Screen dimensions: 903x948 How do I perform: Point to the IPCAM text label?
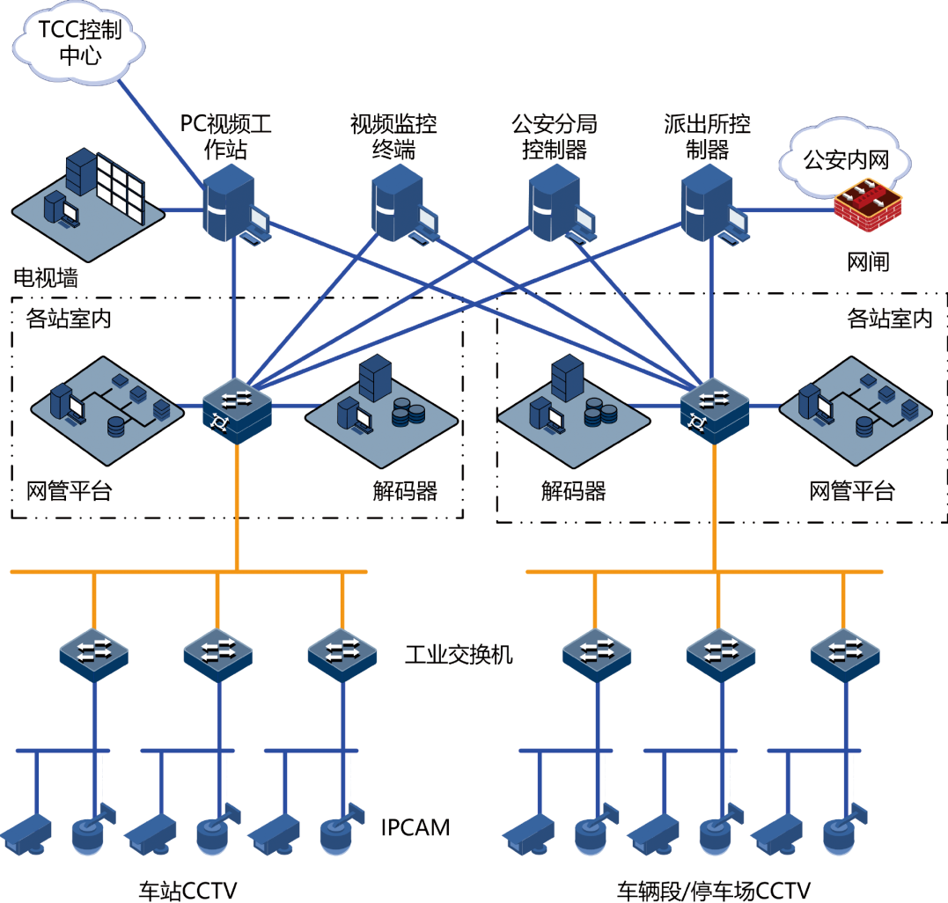[x=415, y=827]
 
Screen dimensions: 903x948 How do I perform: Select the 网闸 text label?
[x=869, y=261]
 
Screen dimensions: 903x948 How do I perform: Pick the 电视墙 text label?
[x=46, y=278]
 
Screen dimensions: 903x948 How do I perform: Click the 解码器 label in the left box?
[x=405, y=490]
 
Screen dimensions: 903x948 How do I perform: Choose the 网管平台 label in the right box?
[x=851, y=490]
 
